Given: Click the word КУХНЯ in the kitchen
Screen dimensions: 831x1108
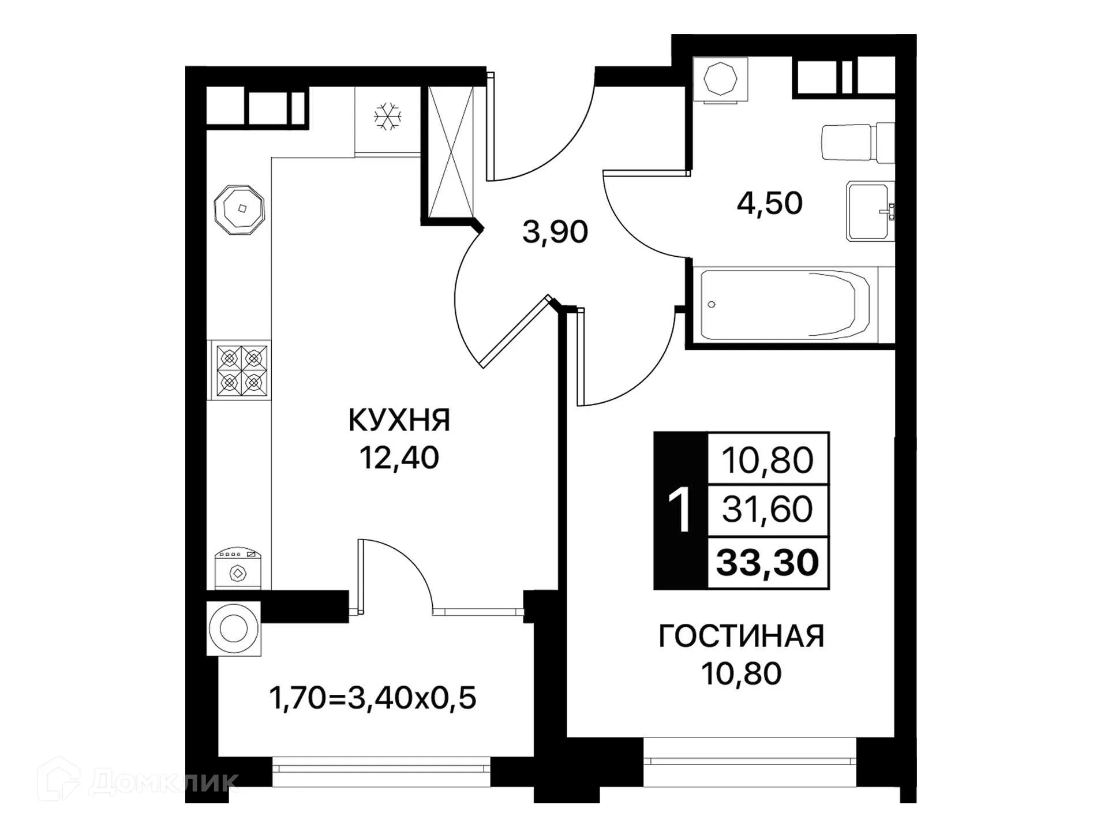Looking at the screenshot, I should click(399, 420).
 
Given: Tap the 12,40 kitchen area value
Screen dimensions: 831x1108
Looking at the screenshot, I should click(399, 458).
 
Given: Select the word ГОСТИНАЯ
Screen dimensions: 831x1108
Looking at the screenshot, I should click(741, 636).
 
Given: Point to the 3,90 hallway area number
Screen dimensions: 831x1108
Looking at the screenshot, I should click(555, 232).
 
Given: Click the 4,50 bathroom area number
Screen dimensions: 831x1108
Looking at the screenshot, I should click(769, 203).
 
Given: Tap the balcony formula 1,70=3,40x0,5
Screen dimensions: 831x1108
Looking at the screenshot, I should click(372, 698).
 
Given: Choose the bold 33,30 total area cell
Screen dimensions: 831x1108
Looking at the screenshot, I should click(768, 563).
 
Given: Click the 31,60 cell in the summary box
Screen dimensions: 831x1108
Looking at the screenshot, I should click(768, 510).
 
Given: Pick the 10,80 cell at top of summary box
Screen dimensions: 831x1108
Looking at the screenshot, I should click(768, 460).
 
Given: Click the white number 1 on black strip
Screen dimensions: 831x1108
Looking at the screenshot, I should click(680, 511).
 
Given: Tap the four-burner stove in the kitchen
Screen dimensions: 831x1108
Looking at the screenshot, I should click(241, 370).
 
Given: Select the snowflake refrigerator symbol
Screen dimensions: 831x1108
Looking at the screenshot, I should click(387, 117).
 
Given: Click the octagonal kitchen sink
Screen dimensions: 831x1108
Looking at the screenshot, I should click(239, 209).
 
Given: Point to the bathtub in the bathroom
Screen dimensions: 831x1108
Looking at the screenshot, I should click(785, 305).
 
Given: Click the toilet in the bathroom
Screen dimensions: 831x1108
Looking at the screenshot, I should click(857, 142).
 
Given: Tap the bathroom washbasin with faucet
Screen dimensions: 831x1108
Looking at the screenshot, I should click(870, 211).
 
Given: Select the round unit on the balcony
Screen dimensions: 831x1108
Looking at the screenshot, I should click(234, 628).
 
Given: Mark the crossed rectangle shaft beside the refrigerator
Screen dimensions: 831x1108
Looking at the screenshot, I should click(451, 151).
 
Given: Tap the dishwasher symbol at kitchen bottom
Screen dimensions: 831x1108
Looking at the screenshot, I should click(238, 568).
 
